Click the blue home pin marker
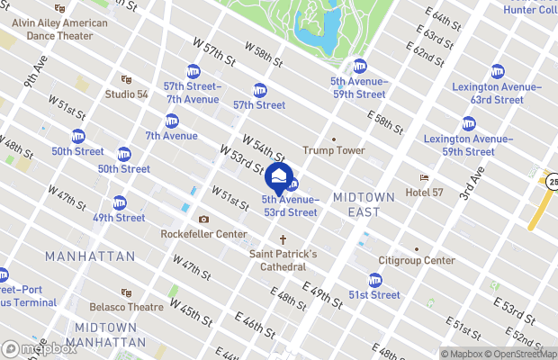coord(279,175)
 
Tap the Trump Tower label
coord(334,150)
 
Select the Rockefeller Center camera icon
coord(203,220)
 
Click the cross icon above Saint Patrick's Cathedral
coord(283,240)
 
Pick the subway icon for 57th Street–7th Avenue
coord(193,71)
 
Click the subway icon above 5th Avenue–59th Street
coord(359,66)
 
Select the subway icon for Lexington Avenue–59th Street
coord(468,123)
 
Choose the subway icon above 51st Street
coord(374,280)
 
